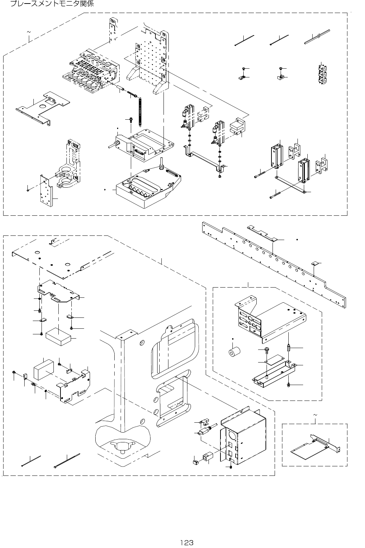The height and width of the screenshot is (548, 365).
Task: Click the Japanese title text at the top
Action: tap(52, 4)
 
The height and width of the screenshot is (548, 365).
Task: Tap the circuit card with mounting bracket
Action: tap(313, 445)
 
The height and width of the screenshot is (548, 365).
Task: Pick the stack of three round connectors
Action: tap(321, 74)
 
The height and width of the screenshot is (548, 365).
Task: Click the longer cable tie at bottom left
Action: tap(67, 460)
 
